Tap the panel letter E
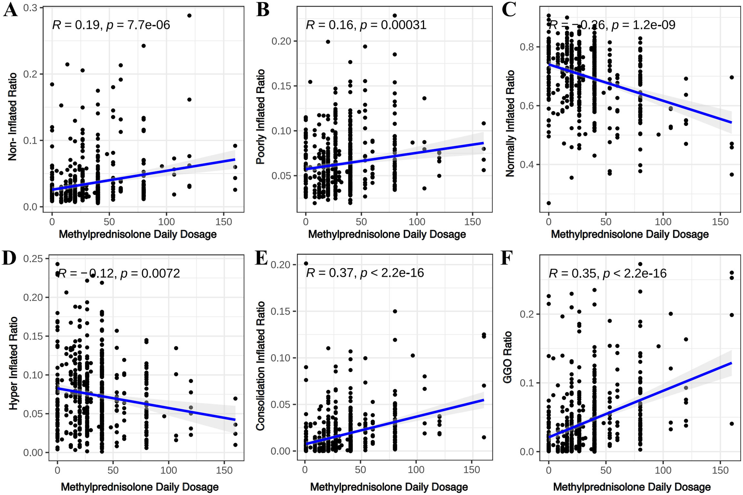261,258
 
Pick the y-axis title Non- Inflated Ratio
12,116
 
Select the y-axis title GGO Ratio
508,357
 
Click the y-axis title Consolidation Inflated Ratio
260,366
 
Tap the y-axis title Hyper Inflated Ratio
13,363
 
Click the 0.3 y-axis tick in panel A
30,8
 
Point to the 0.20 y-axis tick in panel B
281,41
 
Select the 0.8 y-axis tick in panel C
527,47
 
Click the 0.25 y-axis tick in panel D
33,258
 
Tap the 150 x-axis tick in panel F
720,470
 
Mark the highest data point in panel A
189,15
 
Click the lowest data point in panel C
549,203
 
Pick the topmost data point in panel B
394,15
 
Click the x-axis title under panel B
387,234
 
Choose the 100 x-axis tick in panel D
169,470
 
